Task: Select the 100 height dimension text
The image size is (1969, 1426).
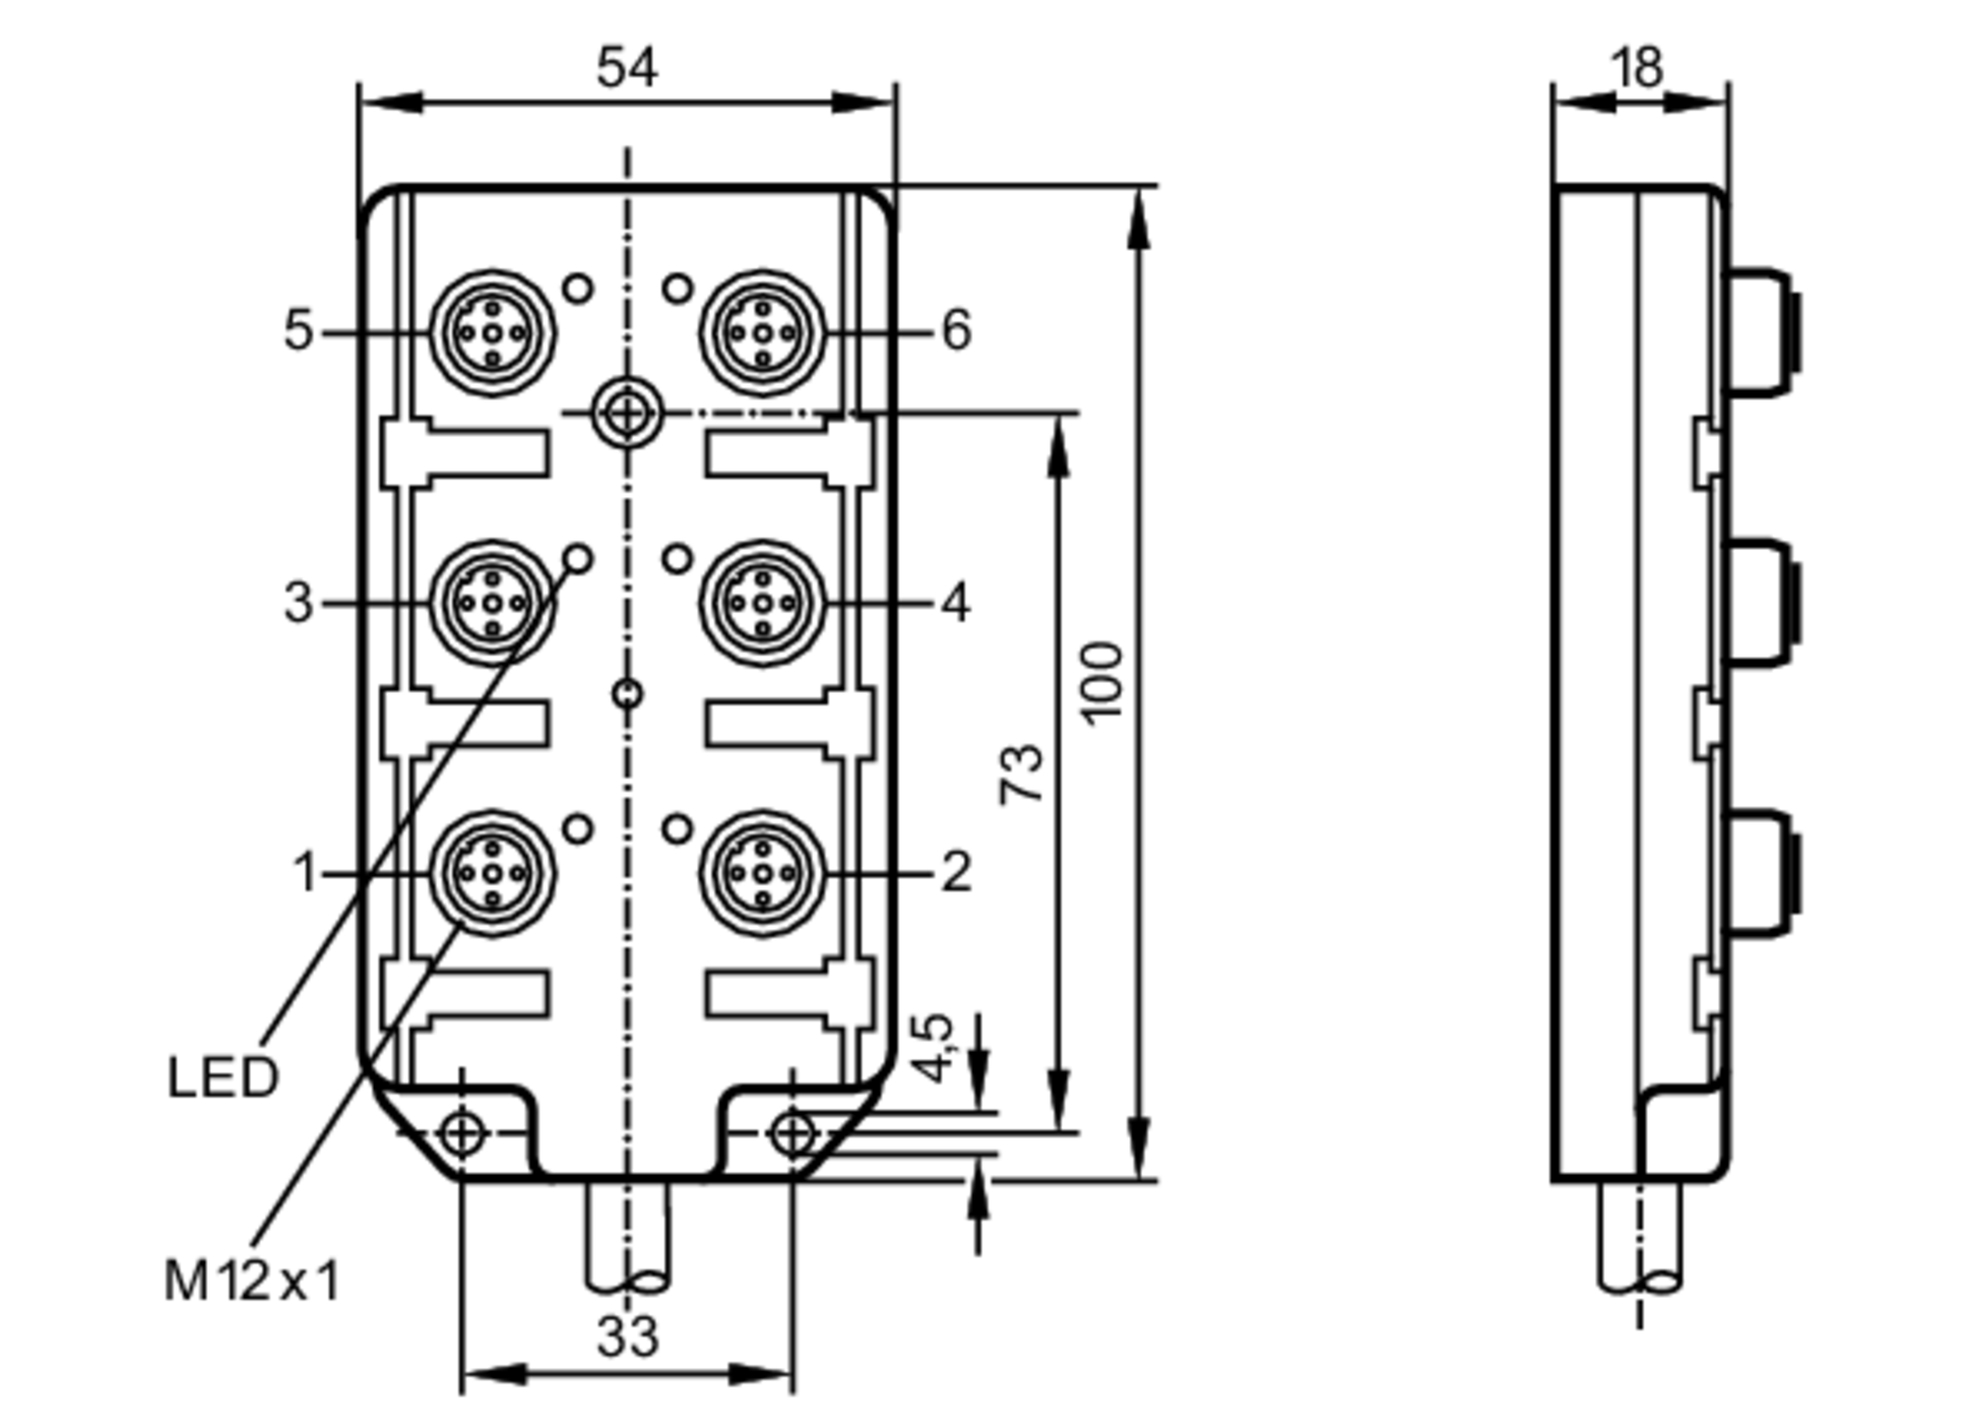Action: pyautogui.click(x=1102, y=683)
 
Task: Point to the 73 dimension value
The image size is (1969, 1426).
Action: pyautogui.click(x=1022, y=774)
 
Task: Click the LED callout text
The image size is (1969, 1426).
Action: pyautogui.click(x=222, y=1079)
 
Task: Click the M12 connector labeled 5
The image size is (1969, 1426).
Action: pyautogui.click(x=492, y=334)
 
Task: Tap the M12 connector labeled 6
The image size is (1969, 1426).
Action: pyautogui.click(x=763, y=334)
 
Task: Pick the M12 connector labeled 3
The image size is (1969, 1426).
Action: pyautogui.click(x=492, y=603)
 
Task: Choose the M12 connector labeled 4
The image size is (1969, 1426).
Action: pyautogui.click(x=763, y=603)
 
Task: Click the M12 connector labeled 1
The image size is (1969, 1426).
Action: pyautogui.click(x=492, y=873)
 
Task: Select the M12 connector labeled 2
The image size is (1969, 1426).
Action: pyautogui.click(x=763, y=873)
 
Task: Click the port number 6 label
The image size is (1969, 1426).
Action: pyautogui.click(x=956, y=330)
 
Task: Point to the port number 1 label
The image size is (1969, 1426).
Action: pyautogui.click(x=305, y=873)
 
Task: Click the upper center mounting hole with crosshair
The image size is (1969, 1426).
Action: pyautogui.click(x=627, y=413)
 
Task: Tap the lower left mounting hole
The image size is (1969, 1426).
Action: pyautogui.click(x=461, y=1134)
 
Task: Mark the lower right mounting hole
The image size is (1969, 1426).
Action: pyautogui.click(x=794, y=1134)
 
